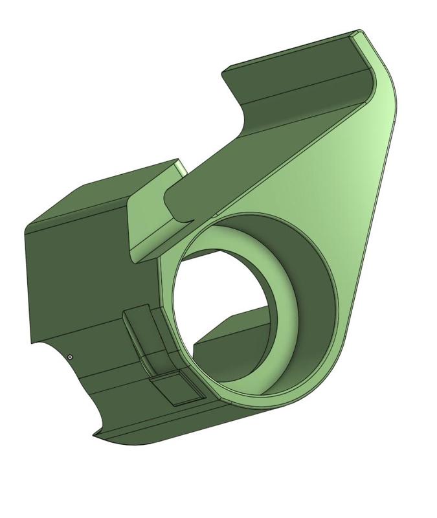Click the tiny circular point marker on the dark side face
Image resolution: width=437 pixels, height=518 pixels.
(x=70, y=357)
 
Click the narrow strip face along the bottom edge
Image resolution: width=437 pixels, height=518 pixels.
(x=162, y=427)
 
